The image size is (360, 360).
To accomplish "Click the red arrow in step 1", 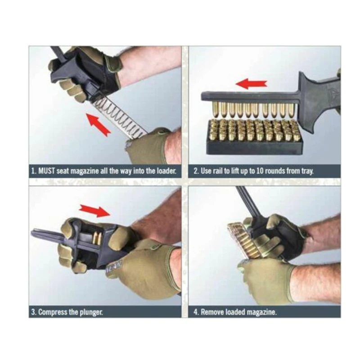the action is click(x=98, y=125).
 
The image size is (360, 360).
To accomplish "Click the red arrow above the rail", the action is click(x=252, y=83).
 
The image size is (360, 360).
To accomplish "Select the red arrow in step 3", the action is click(x=94, y=210).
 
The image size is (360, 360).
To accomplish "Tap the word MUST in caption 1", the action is click(x=46, y=171).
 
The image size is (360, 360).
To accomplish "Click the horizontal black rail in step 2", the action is click(x=250, y=96).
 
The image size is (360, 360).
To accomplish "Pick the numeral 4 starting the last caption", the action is click(x=196, y=312).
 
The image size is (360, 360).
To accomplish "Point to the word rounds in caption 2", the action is click(x=274, y=171).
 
